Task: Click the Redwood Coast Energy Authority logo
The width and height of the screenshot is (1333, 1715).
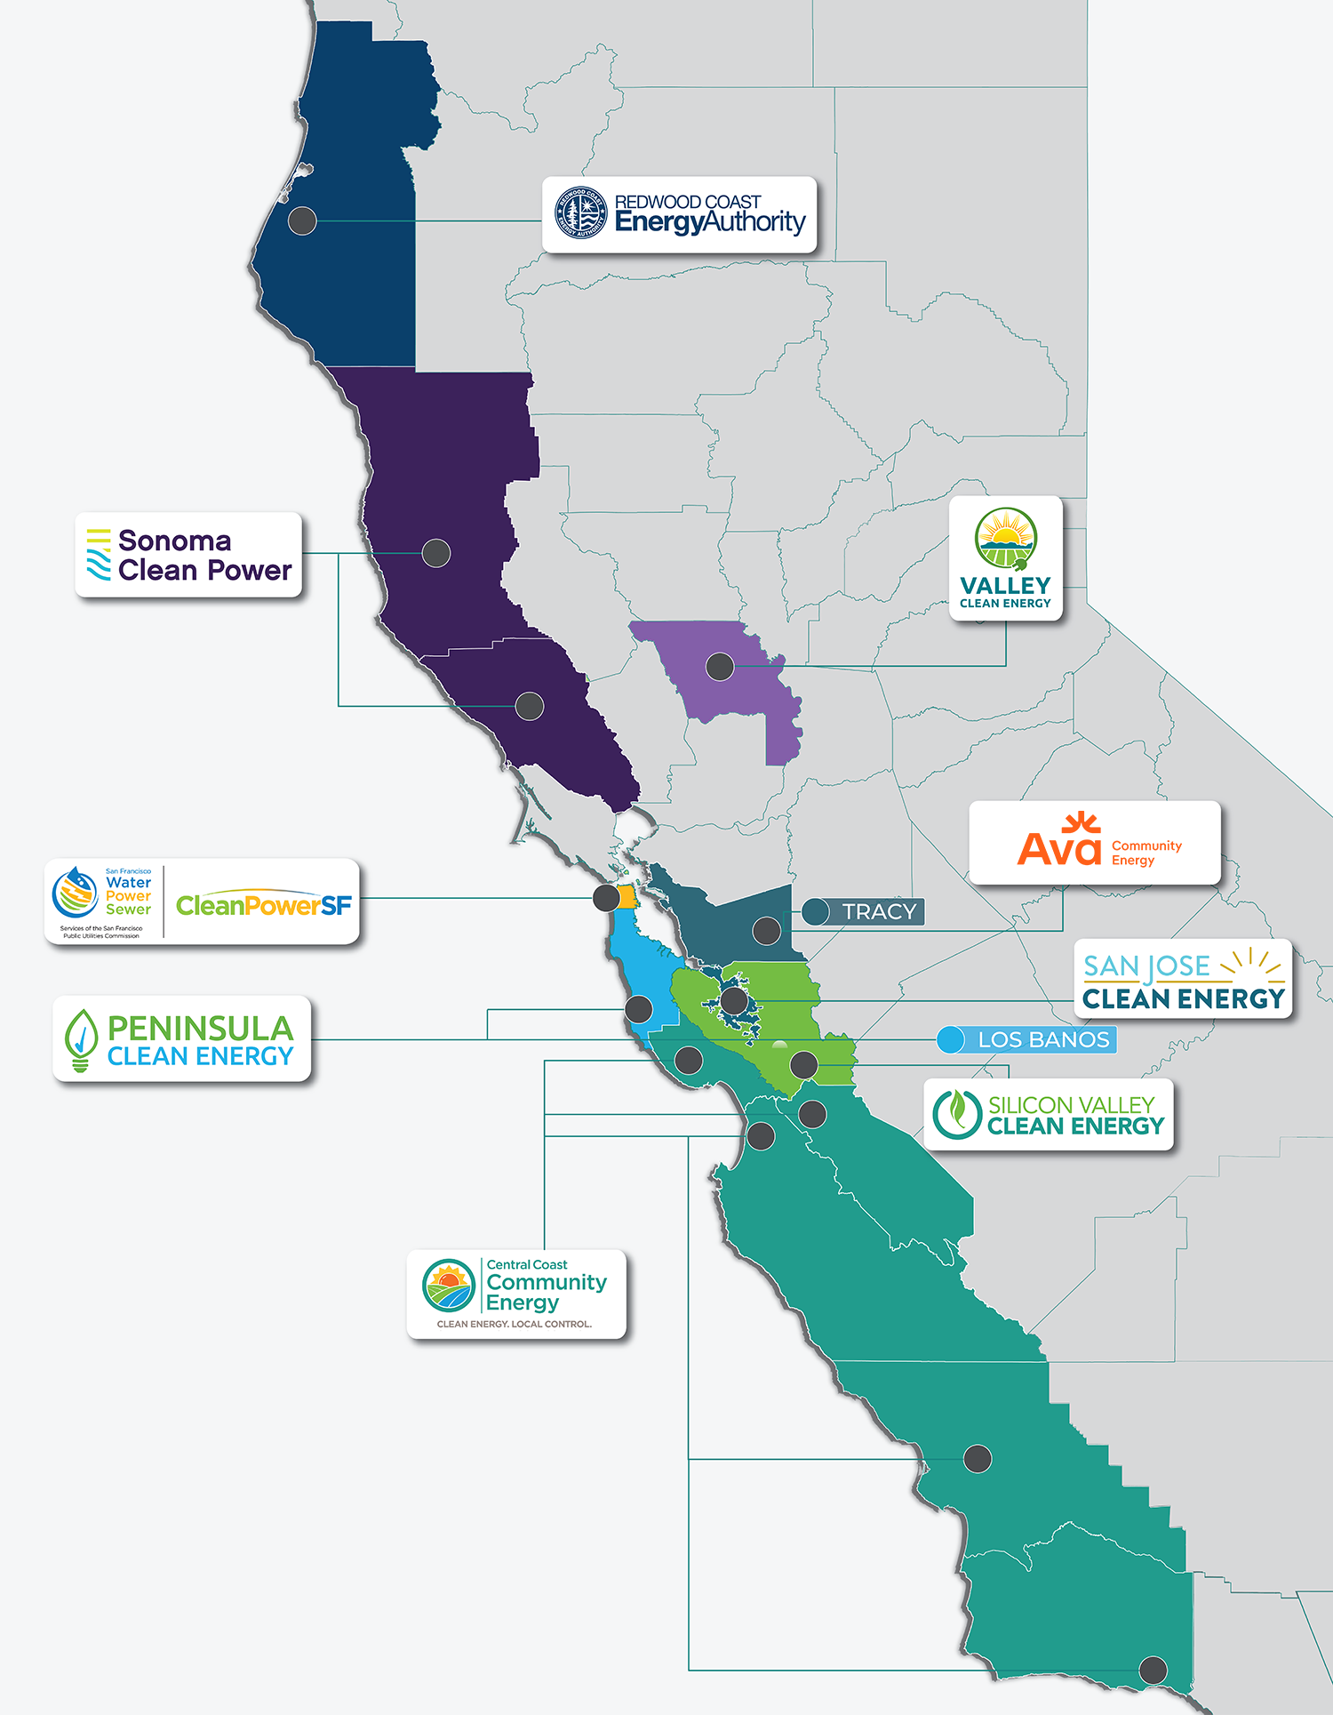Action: pos(680,214)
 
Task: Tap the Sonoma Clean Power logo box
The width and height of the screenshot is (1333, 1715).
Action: pos(188,555)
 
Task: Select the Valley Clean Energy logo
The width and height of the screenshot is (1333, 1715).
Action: pos(1005,558)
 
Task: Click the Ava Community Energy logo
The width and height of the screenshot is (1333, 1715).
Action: pos(1094,843)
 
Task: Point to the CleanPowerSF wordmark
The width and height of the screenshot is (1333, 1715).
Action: pos(264,905)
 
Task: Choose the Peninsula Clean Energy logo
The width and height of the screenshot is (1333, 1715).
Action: pos(182,1038)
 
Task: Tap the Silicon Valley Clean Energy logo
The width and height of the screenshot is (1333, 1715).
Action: pos(1049,1115)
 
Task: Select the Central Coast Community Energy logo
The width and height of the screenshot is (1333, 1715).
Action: pos(516,1294)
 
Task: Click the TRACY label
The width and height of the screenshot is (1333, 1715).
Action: pos(878,912)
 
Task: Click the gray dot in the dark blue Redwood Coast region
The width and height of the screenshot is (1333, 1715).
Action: pos(302,220)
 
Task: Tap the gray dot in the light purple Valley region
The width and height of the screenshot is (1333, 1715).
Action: pos(720,665)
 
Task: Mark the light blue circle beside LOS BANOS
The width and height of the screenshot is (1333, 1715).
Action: pos(951,1039)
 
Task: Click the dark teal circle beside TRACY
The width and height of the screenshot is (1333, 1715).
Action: pos(816,911)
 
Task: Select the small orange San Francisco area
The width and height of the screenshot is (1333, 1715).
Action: pos(627,896)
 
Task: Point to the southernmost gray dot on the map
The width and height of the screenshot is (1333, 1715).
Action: pos(1153,1671)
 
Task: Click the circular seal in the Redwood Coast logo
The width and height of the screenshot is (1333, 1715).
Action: pos(580,213)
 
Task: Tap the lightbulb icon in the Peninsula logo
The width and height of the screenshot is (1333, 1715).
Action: pos(81,1039)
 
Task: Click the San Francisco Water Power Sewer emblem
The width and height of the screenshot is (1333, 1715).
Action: pos(76,893)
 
